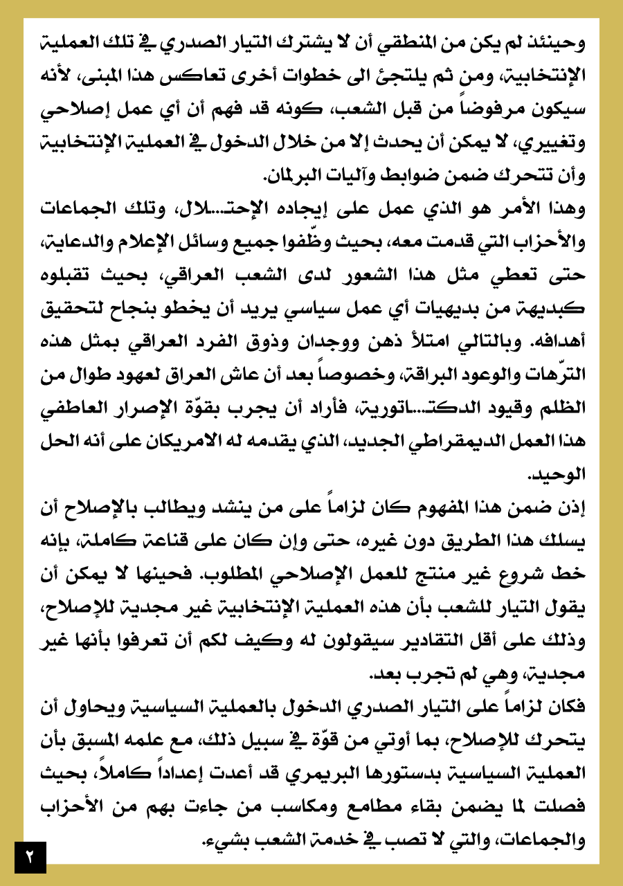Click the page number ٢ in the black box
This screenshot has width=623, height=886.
[x=30, y=857]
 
